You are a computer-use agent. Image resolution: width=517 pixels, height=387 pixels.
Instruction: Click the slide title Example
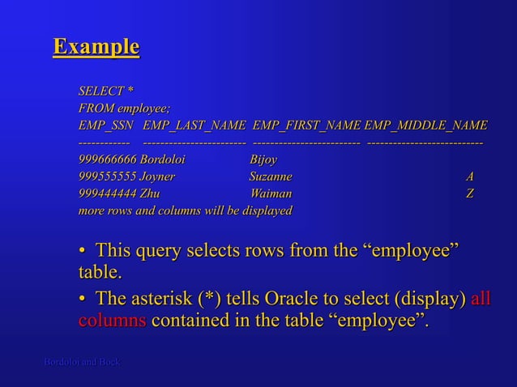[96, 47]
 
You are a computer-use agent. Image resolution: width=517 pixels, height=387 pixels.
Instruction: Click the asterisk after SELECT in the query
[130, 91]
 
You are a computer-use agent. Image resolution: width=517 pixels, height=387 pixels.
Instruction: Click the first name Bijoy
[263, 159]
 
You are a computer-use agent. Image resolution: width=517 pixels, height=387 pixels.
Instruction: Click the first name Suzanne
[271, 176]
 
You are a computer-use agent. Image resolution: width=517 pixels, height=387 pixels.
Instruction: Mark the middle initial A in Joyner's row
[470, 176]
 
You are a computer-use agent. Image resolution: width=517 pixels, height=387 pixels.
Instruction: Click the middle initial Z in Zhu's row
[470, 193]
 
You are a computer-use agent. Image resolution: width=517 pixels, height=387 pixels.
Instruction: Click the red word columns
[112, 322]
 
